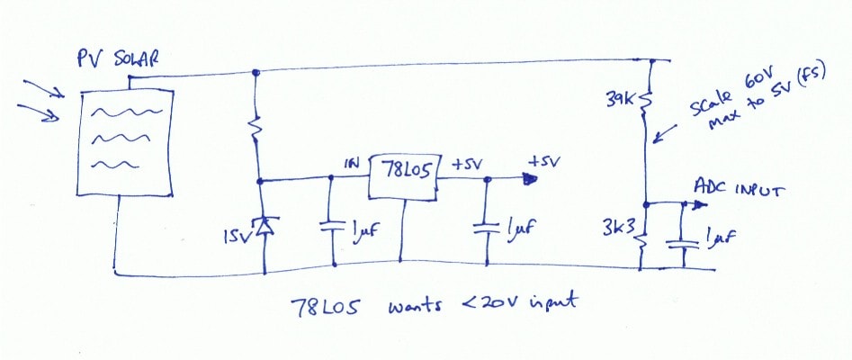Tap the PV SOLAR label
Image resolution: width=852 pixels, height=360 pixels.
point(118,58)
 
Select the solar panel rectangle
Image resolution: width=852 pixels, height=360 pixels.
point(126,142)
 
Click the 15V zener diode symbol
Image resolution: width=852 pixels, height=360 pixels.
point(265,225)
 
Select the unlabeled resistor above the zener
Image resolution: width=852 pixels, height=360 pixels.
point(256,129)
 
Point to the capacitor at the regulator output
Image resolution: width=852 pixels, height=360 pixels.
point(487,228)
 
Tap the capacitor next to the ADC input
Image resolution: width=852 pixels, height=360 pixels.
point(683,242)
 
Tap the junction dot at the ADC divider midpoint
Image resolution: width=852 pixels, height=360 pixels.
point(647,205)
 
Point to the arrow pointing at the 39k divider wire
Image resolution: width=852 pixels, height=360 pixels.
point(665,134)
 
